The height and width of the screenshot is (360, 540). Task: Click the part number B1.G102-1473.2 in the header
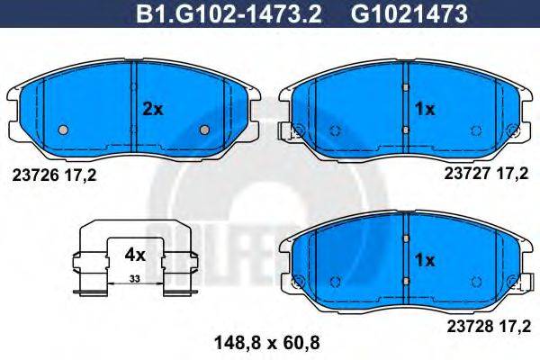pyautogui.click(x=229, y=14)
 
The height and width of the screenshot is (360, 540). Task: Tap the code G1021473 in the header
pyautogui.click(x=409, y=14)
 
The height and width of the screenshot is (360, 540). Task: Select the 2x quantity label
pyautogui.click(x=153, y=109)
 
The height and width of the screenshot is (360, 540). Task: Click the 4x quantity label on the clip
pyautogui.click(x=135, y=256)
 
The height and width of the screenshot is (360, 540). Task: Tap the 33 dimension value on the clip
pyautogui.click(x=135, y=279)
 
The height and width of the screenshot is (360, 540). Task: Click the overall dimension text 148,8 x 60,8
pyautogui.click(x=267, y=343)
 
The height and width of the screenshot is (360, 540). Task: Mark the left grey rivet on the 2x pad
pyautogui.click(x=63, y=130)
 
